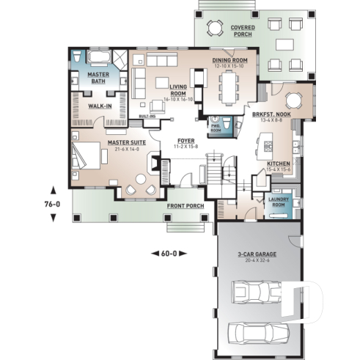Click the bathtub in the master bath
tap(100, 56)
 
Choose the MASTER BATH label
tap(98, 78)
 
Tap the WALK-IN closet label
tap(100, 106)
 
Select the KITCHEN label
tap(278, 164)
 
